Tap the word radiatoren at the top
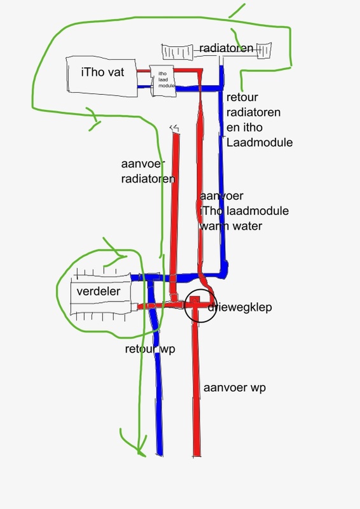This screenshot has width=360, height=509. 226,48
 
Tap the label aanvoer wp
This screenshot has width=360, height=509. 229,387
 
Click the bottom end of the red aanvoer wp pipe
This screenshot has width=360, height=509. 198,453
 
